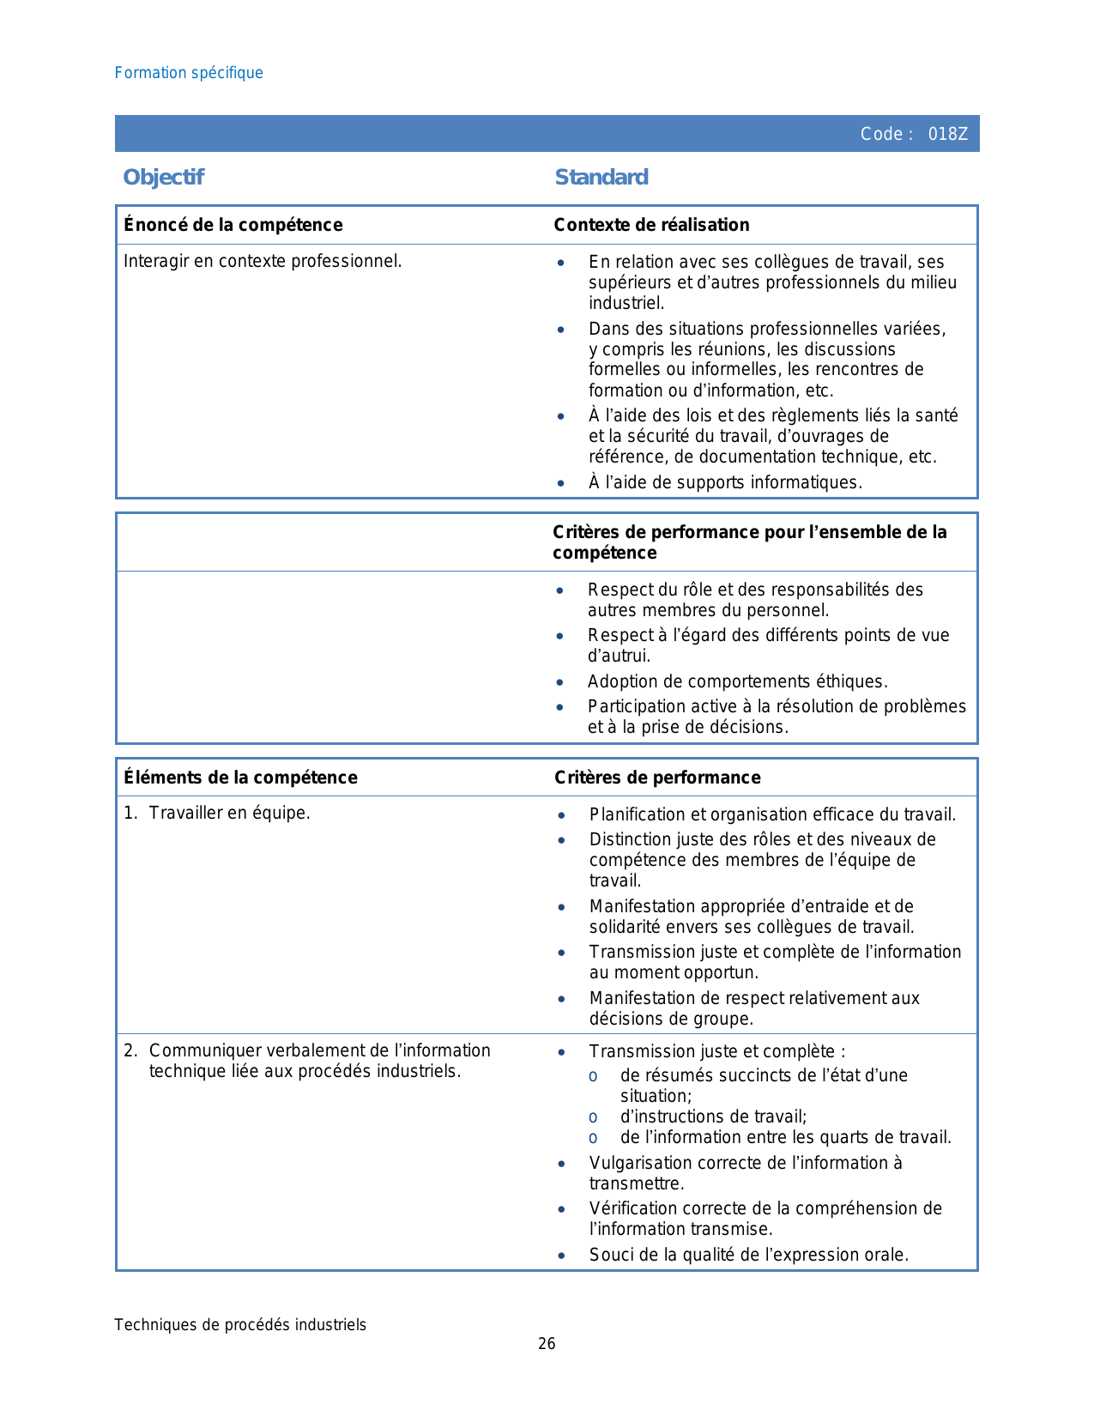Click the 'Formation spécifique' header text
[x=189, y=73]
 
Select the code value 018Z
[x=947, y=134]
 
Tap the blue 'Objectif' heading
[x=163, y=178]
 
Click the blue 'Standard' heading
[x=601, y=178]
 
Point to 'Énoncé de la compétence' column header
[x=233, y=225]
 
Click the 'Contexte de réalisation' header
[x=651, y=225]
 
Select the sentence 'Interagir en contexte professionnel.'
[x=263, y=261]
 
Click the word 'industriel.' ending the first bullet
[x=626, y=303]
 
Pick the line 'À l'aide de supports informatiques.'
[x=725, y=482]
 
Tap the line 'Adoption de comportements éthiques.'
[x=737, y=681]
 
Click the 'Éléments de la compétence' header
[x=240, y=778]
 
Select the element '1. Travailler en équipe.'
[x=217, y=813]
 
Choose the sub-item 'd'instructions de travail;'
[x=713, y=1116]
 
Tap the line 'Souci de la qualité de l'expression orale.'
[x=748, y=1255]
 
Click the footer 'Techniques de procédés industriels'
[x=240, y=1325]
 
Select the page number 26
[x=547, y=1344]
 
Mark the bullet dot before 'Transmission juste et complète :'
[x=561, y=1052]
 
